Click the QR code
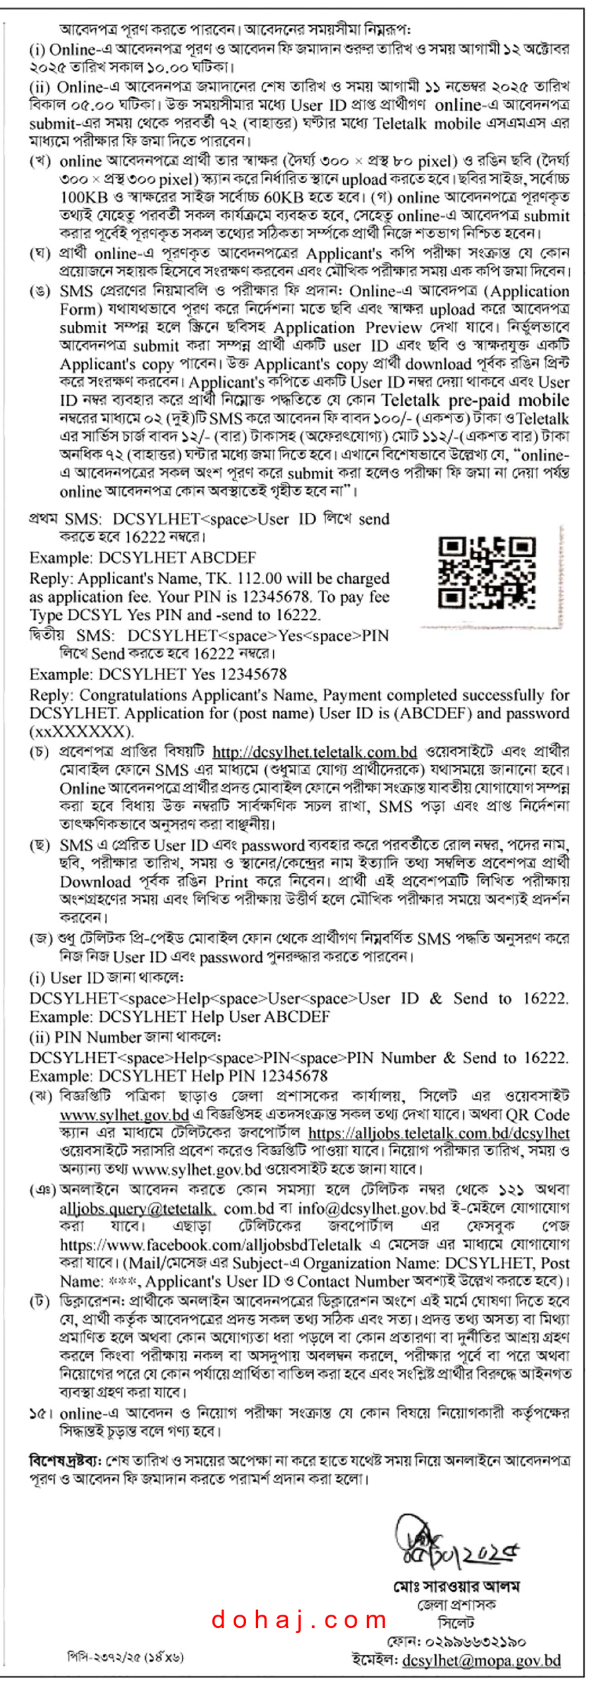click(x=486, y=572)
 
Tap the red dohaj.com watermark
click(x=299, y=1619)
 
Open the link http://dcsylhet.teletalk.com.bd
click(x=314, y=751)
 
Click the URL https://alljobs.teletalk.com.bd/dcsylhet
click(x=438, y=1132)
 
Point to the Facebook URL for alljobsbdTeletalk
click(x=210, y=1245)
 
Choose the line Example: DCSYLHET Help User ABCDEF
click(x=179, y=1017)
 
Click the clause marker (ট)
click(x=39, y=1301)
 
